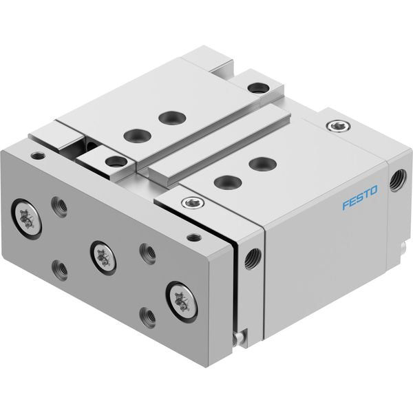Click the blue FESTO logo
pyautogui.click(x=360, y=198)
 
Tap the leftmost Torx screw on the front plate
pyautogui.click(x=27, y=219)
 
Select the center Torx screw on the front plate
pyautogui.click(x=103, y=257)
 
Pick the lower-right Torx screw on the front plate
pyautogui.click(x=182, y=302)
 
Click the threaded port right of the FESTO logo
pyautogui.click(x=397, y=180)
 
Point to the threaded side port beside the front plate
pyautogui.click(x=253, y=259)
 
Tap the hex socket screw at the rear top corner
pyautogui.click(x=338, y=126)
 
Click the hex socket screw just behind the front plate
pyautogui.click(x=193, y=202)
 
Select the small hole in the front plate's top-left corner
pyautogui.click(x=38, y=156)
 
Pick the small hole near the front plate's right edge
pyautogui.click(x=194, y=237)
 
